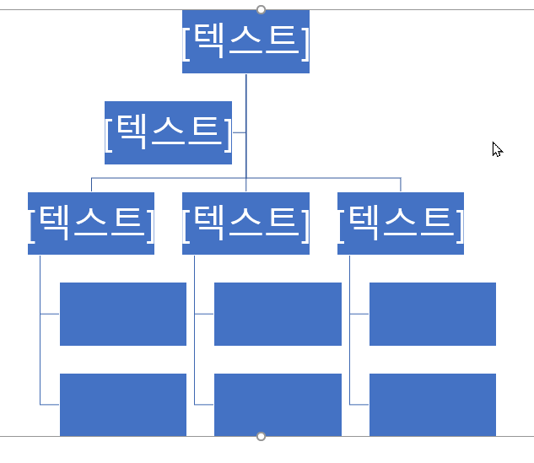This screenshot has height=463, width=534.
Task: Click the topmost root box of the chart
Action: (245, 41)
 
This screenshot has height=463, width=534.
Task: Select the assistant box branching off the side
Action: (168, 132)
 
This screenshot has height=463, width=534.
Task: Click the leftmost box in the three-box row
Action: (91, 223)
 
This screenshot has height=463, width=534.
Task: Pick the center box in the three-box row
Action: (245, 223)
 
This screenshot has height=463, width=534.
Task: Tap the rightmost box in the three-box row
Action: (401, 223)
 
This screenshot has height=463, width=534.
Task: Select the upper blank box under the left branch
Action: (123, 314)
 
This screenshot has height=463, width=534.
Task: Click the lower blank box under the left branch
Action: (123, 404)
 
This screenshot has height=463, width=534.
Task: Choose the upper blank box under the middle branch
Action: (278, 314)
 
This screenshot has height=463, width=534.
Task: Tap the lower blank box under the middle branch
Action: (278, 404)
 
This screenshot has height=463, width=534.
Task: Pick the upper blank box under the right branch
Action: (433, 314)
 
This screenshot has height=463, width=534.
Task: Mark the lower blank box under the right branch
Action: (433, 404)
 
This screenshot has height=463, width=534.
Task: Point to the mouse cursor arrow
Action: (497, 149)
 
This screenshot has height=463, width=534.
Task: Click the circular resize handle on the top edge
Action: (261, 9)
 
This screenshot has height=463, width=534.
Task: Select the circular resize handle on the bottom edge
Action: (261, 436)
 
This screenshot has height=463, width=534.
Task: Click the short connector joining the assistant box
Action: (239, 132)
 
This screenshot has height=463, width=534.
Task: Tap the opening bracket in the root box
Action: (186, 42)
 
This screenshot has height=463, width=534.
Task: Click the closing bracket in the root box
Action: (305, 42)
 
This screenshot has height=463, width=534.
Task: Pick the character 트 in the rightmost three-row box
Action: (435, 221)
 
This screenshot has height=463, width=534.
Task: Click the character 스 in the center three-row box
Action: (245, 221)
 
